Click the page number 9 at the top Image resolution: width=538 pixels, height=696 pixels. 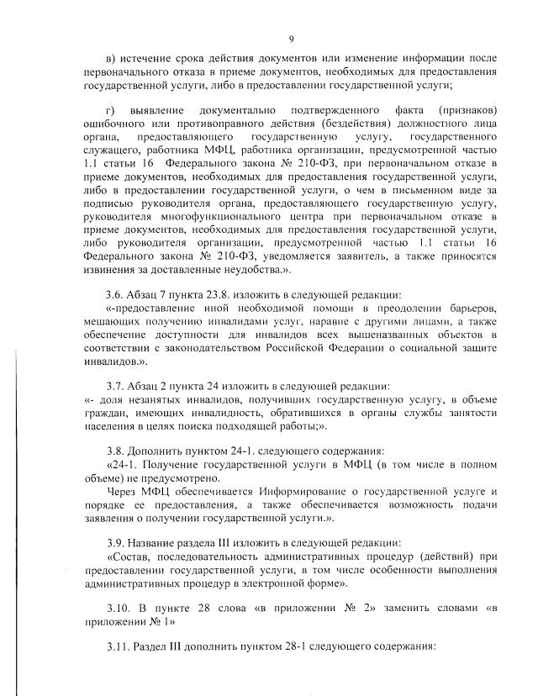pyautogui.click(x=291, y=40)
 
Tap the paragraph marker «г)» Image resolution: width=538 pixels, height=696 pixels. pyautogui.click(x=111, y=111)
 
